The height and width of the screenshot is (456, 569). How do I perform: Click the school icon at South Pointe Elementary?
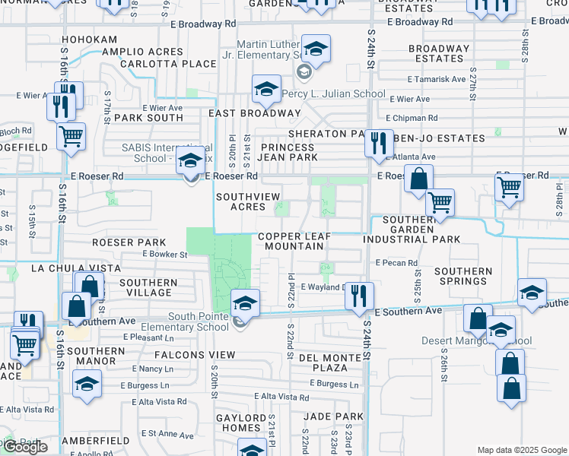244,304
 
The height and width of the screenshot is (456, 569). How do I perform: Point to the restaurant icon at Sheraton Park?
378,144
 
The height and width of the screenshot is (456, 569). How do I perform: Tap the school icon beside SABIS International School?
190,161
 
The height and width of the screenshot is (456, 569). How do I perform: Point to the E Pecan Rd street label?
396,262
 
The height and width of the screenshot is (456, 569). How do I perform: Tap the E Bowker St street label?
161,255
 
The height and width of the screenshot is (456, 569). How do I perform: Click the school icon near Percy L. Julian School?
266,90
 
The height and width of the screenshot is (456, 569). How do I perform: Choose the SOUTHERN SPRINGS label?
463,277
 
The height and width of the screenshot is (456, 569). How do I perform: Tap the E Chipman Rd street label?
412,118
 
